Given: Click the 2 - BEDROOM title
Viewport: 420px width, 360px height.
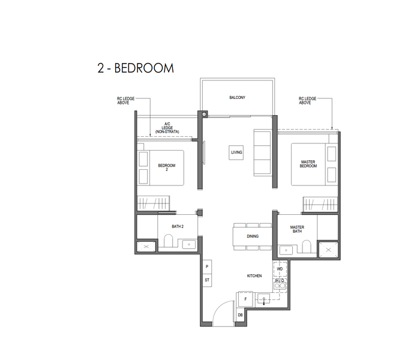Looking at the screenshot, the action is pyautogui.click(x=136, y=68).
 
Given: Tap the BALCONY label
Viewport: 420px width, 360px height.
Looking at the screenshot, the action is pyautogui.click(x=238, y=97).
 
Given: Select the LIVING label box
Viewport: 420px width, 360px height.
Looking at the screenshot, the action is pyautogui.click(x=236, y=152).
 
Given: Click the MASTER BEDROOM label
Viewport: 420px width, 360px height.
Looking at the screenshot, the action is pyautogui.click(x=308, y=164).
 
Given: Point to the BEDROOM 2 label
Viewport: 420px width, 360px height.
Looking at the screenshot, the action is pyautogui.click(x=167, y=167).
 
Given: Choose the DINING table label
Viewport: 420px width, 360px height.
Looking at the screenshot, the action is pyautogui.click(x=253, y=236).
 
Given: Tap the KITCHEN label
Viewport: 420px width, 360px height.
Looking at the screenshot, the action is pyautogui.click(x=254, y=276).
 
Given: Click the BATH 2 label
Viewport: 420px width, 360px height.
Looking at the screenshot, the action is pyautogui.click(x=178, y=227).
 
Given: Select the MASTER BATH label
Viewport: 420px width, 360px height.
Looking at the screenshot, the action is pyautogui.click(x=297, y=229).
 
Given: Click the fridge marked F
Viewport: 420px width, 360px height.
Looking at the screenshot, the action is pyautogui.click(x=245, y=299).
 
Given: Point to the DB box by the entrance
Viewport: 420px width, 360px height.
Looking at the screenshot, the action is pyautogui.click(x=240, y=315).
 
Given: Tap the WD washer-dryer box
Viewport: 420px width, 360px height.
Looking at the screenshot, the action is pyautogui.click(x=280, y=269).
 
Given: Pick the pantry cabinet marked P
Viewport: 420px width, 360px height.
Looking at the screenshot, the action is pyautogui.click(x=207, y=267).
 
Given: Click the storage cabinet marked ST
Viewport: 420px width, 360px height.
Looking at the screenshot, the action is pyautogui.click(x=207, y=280).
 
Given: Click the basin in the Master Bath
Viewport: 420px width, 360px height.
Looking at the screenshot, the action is pyautogui.click(x=286, y=250).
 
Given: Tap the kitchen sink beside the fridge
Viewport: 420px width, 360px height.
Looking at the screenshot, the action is pyautogui.click(x=264, y=298).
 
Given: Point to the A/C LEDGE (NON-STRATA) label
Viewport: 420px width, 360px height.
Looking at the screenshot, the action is pyautogui.click(x=167, y=128).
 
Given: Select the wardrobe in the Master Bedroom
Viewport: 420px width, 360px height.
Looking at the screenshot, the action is pyautogui.click(x=320, y=204).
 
